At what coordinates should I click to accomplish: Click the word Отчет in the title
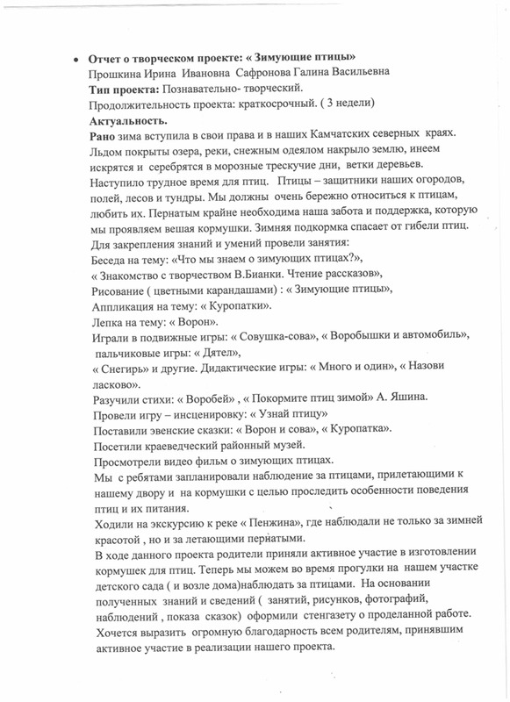(104, 57)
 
